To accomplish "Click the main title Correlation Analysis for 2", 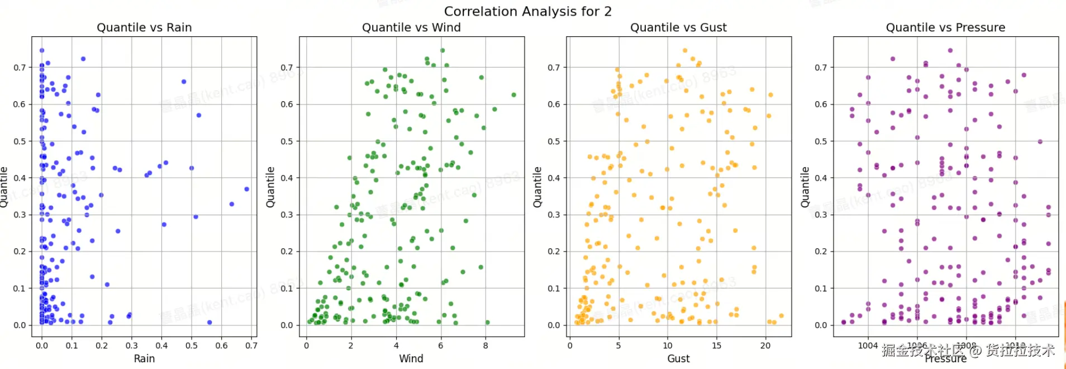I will (527, 11).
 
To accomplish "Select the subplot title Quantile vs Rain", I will (144, 27).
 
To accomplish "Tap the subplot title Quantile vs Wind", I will (411, 27).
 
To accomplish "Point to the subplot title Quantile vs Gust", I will (678, 27).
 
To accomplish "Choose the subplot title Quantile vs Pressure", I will (945, 27).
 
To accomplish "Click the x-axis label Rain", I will (144, 358).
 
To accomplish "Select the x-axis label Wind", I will (411, 358).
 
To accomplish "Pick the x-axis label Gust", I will (678, 358).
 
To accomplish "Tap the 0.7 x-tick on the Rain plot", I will (251, 346).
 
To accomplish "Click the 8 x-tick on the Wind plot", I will (486, 346).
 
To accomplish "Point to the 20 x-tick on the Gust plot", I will (765, 346).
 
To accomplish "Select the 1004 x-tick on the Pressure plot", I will (868, 346).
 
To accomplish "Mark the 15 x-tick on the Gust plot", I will (716, 346).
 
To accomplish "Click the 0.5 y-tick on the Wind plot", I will (287, 141).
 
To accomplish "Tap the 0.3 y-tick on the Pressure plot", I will (821, 215).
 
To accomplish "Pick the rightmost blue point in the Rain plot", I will (247, 189).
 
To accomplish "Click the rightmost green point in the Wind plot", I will (513, 95).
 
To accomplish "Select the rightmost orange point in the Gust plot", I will (781, 316).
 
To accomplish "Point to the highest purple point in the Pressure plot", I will (950, 50).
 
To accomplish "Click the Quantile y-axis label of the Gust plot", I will (537, 187).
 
